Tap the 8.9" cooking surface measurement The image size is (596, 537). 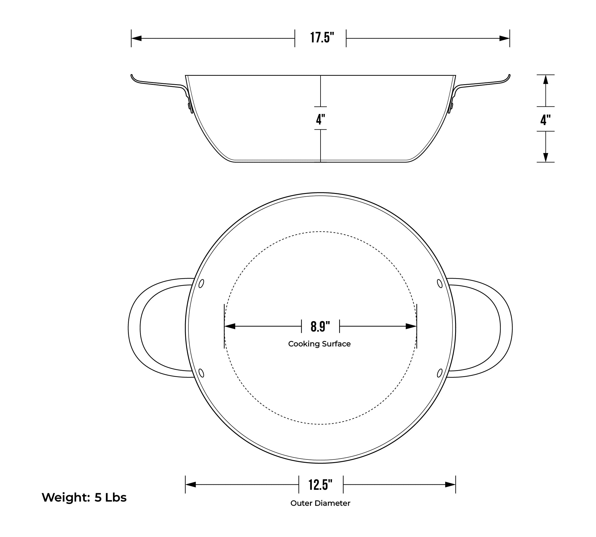pyautogui.click(x=320, y=327)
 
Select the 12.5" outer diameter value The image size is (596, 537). pyautogui.click(x=321, y=485)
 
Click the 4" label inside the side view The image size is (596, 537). pyautogui.click(x=321, y=119)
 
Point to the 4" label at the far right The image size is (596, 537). pyautogui.click(x=546, y=120)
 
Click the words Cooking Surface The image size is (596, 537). pyautogui.click(x=319, y=344)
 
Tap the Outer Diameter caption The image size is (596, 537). pyautogui.click(x=320, y=503)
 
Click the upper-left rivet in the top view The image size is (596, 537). pyautogui.click(x=202, y=283)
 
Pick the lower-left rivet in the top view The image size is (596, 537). pyautogui.click(x=202, y=373)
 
